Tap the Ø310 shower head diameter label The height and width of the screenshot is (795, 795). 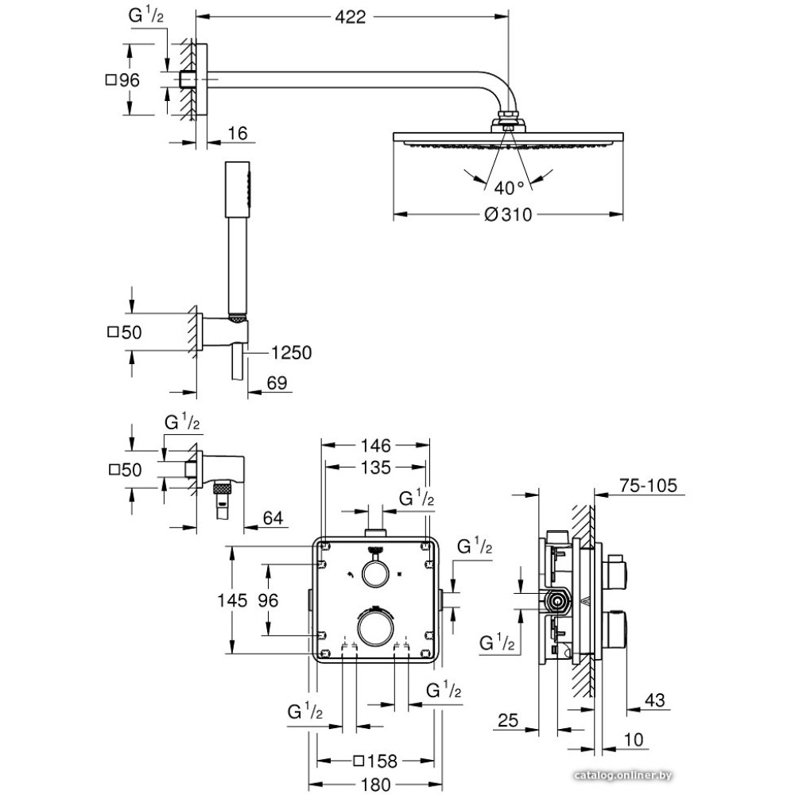tap(506, 215)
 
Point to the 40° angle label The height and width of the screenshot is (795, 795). tap(509, 188)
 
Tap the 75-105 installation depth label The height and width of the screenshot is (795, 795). tap(644, 486)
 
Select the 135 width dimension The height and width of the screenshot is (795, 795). tap(374, 468)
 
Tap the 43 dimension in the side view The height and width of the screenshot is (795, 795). tap(654, 700)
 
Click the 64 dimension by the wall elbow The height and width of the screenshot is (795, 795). tap(273, 518)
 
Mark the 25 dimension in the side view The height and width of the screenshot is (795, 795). tap(507, 723)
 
